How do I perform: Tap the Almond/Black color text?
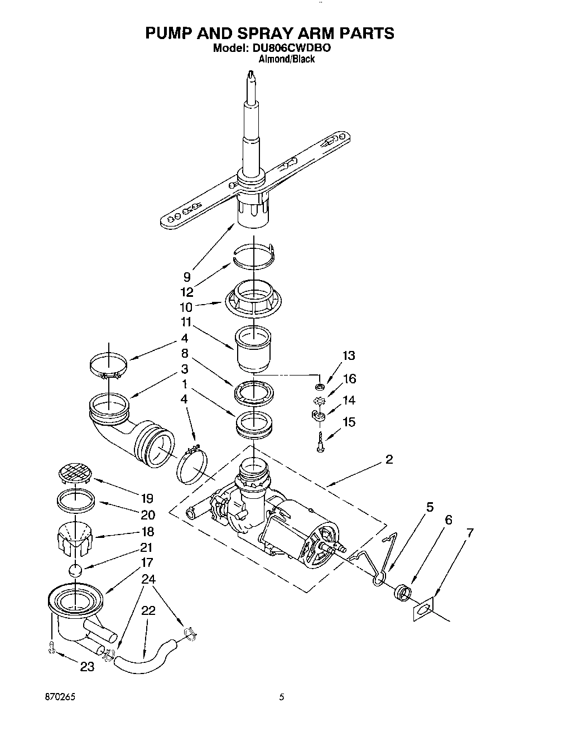pyautogui.click(x=287, y=59)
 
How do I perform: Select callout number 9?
pyautogui.click(x=187, y=276)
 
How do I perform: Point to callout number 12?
pyautogui.click(x=187, y=292)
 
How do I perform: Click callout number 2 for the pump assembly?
pyautogui.click(x=389, y=459)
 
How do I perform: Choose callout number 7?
pyautogui.click(x=470, y=532)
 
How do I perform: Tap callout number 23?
pyautogui.click(x=87, y=666)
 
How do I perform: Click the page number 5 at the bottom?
pyautogui.click(x=282, y=697)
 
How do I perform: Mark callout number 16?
pyautogui.click(x=349, y=379)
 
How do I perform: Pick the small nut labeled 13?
pyautogui.click(x=320, y=386)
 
